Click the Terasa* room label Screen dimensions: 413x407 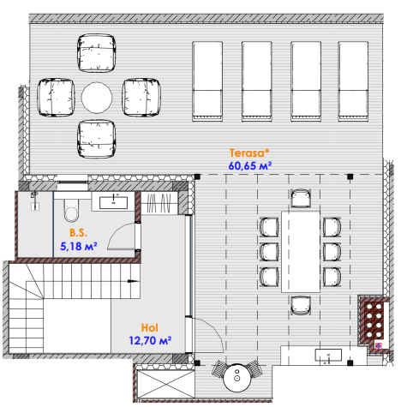coord(249,153)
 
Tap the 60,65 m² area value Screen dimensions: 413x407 coord(250,166)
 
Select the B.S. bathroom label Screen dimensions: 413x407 coord(78,233)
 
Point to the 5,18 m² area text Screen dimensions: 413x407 coord(79,246)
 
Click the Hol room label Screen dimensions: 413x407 coord(149,327)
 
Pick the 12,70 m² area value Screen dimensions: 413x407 coord(150,340)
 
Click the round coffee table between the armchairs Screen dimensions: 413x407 coord(97,98)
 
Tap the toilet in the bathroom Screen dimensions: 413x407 coord(71,210)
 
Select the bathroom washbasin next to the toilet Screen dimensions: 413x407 coord(113,202)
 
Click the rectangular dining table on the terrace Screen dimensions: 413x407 coord(301,252)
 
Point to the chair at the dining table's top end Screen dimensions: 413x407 coord(301,198)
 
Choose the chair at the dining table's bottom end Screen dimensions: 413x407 coord(301,305)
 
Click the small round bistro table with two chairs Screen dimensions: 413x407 coord(237,378)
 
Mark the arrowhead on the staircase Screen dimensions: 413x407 coord(132,281)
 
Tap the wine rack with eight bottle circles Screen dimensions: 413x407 coord(374,320)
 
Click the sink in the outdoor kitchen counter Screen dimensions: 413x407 coord(328,356)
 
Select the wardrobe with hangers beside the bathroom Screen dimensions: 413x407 coord(159,203)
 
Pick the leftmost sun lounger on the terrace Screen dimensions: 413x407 coord(207,81)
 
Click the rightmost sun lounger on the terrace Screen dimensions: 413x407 coord(353,81)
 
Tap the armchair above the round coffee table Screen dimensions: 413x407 coord(97,53)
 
